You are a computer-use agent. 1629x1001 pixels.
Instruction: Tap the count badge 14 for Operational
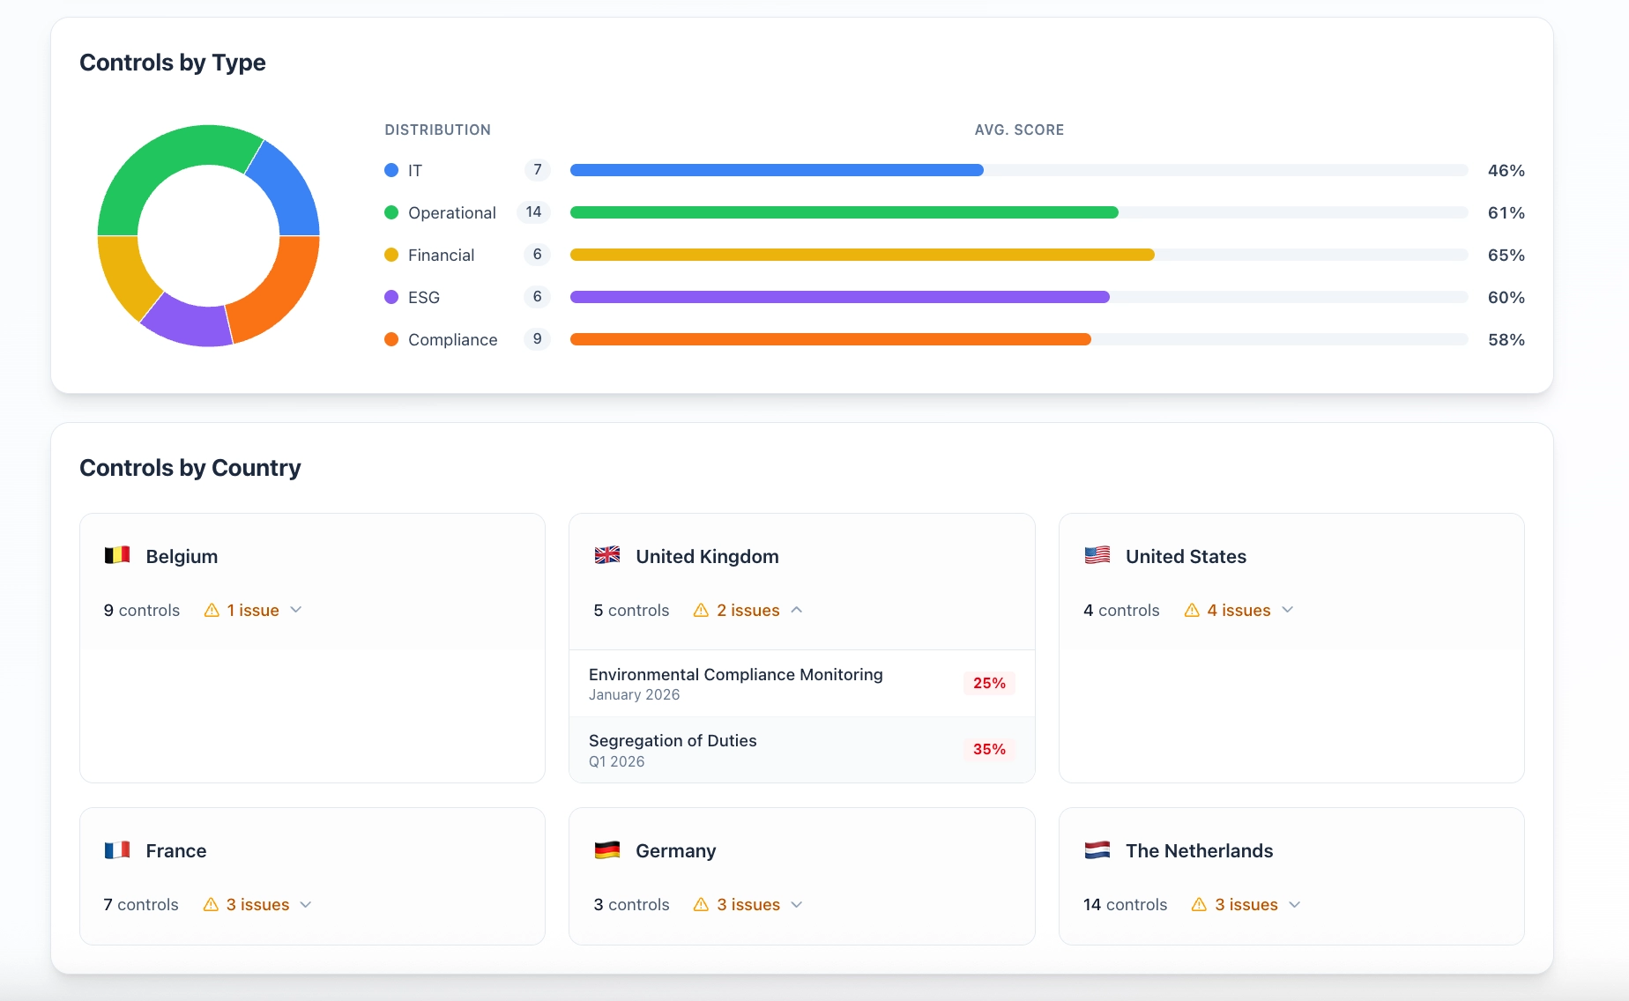click(x=533, y=212)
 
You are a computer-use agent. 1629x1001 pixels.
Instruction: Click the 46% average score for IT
click(x=1506, y=171)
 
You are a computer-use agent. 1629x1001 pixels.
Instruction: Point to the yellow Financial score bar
click(x=861, y=255)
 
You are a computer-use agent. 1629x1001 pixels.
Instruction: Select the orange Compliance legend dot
click(x=391, y=339)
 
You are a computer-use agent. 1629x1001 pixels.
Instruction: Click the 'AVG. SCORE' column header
click(x=1019, y=130)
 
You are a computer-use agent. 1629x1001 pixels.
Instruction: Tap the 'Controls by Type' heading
click(x=173, y=63)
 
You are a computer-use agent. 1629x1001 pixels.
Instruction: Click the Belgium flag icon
click(x=117, y=556)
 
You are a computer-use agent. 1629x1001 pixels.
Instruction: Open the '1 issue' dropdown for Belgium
click(x=253, y=611)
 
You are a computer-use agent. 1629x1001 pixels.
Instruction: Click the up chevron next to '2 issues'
click(x=797, y=610)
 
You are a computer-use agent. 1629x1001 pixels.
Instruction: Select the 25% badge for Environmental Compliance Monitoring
click(x=989, y=683)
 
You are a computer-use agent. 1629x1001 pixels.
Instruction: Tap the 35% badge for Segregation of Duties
click(x=989, y=749)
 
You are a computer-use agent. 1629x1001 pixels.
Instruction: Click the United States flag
click(x=1097, y=556)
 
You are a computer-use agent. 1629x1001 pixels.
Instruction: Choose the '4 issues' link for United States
click(x=1238, y=611)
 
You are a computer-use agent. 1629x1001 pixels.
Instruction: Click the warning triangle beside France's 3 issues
click(x=212, y=905)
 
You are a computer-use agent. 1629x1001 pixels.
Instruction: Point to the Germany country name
click(x=675, y=851)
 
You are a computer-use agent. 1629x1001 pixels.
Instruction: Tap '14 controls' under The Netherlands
click(x=1125, y=905)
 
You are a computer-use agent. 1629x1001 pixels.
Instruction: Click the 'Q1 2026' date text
click(x=616, y=762)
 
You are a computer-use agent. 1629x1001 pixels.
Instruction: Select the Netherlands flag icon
click(x=1097, y=850)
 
